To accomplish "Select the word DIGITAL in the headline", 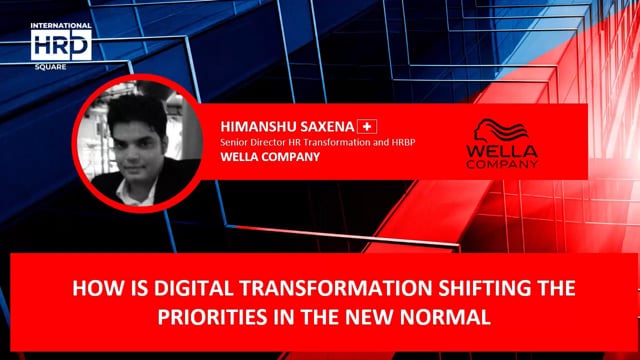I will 164,290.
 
